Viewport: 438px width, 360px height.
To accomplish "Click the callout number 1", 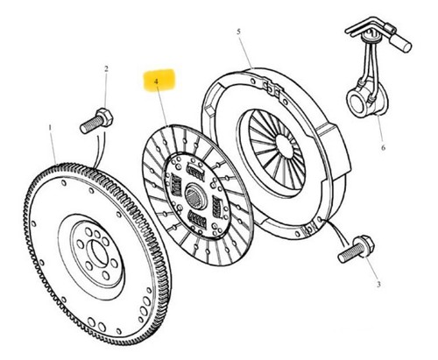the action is coord(50,128).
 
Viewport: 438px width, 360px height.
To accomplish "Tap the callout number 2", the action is coord(106,69).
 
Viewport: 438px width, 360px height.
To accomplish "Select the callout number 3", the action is coord(378,284).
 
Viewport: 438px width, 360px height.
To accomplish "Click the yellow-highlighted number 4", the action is coord(156,81).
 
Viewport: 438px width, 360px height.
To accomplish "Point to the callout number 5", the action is coord(239,32).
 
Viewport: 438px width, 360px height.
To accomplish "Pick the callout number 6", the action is coord(383,147).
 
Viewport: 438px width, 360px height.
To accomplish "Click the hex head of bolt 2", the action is coord(105,116).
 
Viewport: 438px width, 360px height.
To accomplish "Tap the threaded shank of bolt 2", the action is coord(90,125).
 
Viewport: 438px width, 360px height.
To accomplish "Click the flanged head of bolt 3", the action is coord(363,247).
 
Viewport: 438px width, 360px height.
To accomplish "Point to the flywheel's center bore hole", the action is coord(98,251).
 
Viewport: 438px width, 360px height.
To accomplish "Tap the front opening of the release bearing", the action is coord(357,102).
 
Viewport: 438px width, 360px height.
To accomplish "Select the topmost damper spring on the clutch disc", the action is coord(194,172).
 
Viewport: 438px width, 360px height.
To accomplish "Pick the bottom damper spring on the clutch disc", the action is coord(197,219).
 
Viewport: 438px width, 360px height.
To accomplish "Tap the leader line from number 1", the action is coord(53,148).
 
